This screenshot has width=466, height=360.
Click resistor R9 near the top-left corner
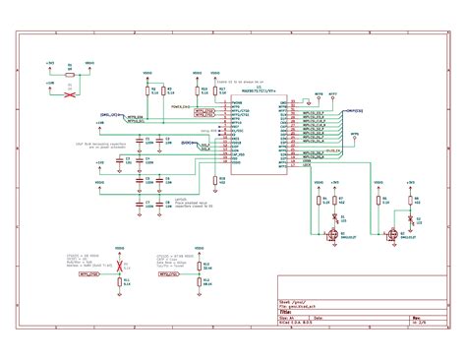(69, 73)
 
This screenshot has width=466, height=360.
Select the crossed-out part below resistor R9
(69, 95)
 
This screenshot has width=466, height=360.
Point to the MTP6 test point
(317, 97)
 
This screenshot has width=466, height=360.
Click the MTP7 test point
(335, 97)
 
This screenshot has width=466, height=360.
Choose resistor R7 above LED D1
(337, 200)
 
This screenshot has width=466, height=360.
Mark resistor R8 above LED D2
(411, 200)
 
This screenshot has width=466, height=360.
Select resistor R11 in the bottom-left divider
(121, 280)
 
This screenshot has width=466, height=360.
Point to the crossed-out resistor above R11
(121, 265)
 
